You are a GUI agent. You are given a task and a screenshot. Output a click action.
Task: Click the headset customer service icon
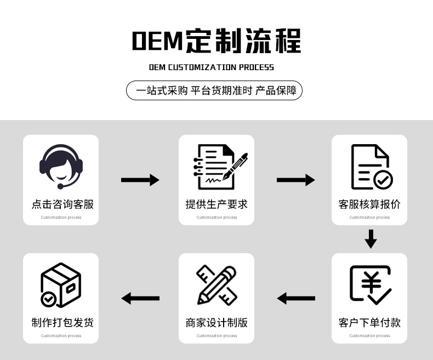[x=61, y=165]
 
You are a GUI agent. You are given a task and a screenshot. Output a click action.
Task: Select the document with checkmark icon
[x=371, y=167]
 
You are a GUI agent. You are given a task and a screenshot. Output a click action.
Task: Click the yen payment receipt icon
[x=370, y=284]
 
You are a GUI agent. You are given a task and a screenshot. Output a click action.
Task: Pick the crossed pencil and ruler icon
[x=216, y=284]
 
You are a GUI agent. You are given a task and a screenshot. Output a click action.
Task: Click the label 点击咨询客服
[x=62, y=204]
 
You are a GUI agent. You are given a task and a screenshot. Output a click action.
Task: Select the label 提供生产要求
[x=216, y=204]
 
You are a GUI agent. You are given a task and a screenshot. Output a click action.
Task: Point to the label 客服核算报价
[x=369, y=204]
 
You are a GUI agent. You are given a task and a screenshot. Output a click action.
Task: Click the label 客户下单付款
[x=369, y=323]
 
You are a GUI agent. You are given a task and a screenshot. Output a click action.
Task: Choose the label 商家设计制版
[x=216, y=323]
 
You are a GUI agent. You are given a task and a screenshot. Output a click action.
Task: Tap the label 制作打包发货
[x=62, y=323]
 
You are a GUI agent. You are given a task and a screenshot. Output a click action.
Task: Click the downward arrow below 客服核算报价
[x=371, y=239]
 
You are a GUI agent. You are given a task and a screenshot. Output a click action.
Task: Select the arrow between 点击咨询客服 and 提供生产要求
[x=140, y=180]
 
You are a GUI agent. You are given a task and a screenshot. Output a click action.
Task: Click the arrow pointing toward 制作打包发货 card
[x=140, y=299]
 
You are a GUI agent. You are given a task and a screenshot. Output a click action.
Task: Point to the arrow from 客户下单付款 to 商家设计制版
[x=296, y=299]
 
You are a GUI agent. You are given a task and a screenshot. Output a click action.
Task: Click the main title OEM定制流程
[x=216, y=42]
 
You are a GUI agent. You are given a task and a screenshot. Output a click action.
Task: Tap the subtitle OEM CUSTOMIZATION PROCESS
[x=212, y=67]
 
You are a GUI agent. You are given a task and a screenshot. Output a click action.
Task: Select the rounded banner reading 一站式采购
[x=214, y=90]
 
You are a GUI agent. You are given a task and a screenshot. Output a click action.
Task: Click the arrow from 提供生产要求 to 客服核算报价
[x=295, y=180]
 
